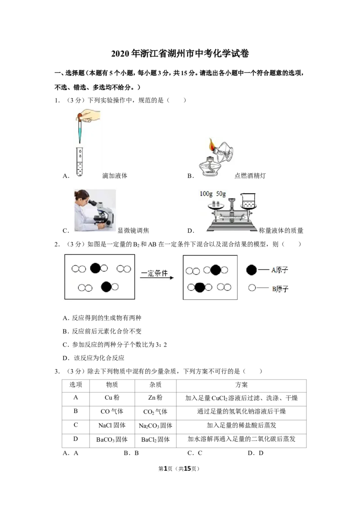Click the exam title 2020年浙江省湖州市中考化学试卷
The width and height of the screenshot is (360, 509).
[180, 54]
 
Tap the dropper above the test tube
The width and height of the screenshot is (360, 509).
[80, 128]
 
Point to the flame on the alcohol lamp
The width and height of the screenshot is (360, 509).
[212, 145]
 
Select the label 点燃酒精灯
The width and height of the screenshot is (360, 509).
[250, 176]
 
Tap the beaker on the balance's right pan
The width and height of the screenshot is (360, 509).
[248, 201]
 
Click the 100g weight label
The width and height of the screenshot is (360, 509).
[206, 194]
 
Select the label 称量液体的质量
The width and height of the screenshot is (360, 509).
[281, 231]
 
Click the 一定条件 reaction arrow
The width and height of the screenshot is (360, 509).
[157, 277]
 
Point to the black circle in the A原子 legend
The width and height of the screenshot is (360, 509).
[252, 270]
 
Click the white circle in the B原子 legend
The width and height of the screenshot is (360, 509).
[252, 288]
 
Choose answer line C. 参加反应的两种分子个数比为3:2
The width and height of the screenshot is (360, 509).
[115, 344]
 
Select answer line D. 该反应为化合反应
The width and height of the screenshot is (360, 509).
[94, 358]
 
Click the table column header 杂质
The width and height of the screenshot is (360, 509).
[155, 384]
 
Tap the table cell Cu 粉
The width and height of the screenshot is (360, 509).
[112, 397]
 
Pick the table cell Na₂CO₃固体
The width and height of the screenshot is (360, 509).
[155, 425]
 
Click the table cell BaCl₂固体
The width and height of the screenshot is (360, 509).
[155, 440]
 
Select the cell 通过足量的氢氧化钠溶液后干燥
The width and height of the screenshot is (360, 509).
[241, 411]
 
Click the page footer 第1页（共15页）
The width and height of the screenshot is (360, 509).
[179, 469]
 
